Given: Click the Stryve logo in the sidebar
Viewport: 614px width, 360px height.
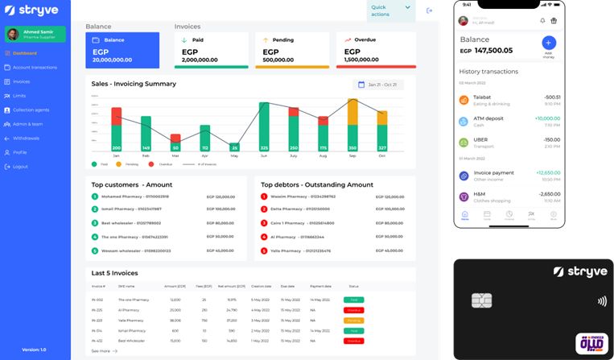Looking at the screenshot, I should [x=32, y=10].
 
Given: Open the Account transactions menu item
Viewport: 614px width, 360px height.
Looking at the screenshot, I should [x=35, y=68].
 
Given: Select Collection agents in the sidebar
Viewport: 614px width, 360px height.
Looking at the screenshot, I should [x=31, y=110].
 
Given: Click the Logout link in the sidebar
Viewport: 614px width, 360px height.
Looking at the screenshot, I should [x=20, y=167].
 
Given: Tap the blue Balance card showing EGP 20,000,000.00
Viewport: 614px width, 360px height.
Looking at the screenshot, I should [x=122, y=50].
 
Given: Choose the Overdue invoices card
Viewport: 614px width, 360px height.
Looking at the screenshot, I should [x=376, y=50].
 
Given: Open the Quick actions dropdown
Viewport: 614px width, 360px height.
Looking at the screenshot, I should [x=391, y=10].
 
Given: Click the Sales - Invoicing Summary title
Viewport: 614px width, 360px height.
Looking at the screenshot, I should [x=134, y=84].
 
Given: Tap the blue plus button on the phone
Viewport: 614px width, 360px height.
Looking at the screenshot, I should [x=549, y=43].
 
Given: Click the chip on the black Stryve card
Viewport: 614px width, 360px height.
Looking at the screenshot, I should [x=482, y=300].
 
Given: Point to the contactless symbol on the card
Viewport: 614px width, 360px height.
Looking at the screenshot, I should [x=602, y=302].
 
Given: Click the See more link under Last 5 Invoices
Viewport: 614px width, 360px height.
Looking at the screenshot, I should [x=104, y=351].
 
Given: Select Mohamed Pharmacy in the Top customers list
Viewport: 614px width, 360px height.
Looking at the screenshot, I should [x=135, y=197].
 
